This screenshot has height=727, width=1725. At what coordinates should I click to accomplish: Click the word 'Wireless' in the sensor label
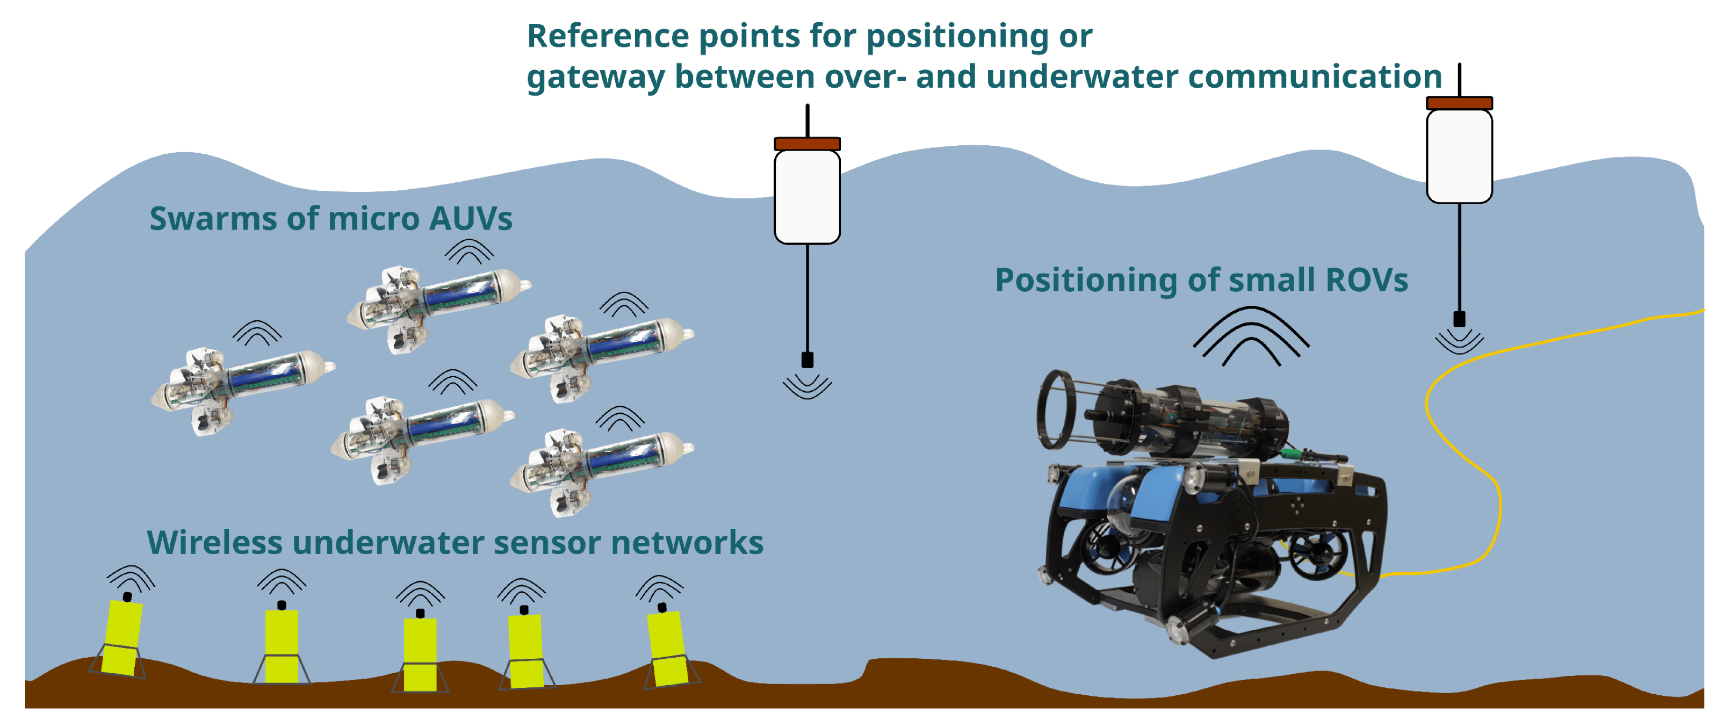(214, 542)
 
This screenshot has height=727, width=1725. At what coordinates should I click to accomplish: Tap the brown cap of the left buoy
(807, 144)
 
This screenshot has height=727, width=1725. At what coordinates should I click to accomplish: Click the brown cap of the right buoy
(1459, 103)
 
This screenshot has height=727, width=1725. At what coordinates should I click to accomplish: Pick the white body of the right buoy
(1459, 156)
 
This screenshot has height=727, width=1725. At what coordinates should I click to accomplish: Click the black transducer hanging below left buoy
(808, 360)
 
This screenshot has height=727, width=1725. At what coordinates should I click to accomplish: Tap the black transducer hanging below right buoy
(1459, 319)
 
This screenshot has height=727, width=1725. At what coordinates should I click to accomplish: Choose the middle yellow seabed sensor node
(420, 653)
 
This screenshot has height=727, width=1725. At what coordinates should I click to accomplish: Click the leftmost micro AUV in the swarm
(241, 388)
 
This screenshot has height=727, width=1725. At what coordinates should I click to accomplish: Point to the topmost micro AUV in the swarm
(439, 305)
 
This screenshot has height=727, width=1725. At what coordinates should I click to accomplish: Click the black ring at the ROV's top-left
(1056, 408)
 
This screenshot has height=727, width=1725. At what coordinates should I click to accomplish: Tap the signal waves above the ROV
(1251, 335)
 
